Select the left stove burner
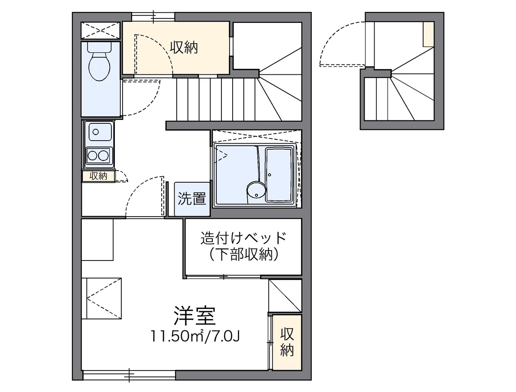click(x=92, y=155)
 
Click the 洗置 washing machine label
click(x=192, y=199)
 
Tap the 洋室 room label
click(x=194, y=316)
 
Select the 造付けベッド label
click(x=243, y=238)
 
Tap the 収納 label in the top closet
click(x=184, y=48)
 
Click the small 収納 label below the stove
click(x=98, y=176)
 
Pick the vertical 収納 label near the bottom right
click(x=287, y=342)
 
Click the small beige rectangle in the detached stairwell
click(x=428, y=34)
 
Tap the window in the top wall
click(x=153, y=17)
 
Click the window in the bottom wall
click(x=129, y=375)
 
